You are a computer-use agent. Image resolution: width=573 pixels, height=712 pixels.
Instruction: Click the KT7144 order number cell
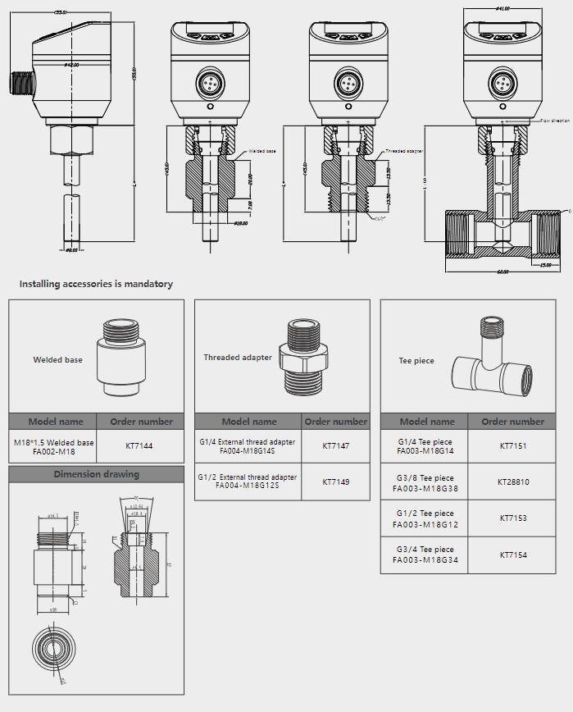pyautogui.click(x=139, y=446)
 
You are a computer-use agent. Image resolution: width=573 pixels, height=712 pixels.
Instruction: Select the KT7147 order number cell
pyautogui.click(x=335, y=446)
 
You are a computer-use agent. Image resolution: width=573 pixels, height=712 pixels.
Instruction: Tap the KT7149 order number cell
pyautogui.click(x=335, y=482)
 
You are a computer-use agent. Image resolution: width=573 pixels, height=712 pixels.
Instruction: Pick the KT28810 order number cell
pyautogui.click(x=513, y=482)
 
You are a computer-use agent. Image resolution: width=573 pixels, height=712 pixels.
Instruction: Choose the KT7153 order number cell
pyautogui.click(x=513, y=518)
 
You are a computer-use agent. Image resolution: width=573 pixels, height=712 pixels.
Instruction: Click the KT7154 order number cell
pyautogui.click(x=513, y=555)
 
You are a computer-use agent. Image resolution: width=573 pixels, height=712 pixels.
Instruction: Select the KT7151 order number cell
pyautogui.click(x=513, y=446)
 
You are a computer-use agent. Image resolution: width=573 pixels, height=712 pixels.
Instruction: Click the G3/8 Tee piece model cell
pyautogui.click(x=425, y=482)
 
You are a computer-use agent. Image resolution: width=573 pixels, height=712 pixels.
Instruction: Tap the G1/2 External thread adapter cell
pyautogui.click(x=248, y=482)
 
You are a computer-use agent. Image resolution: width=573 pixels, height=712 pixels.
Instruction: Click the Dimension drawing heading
pyautogui.click(x=97, y=474)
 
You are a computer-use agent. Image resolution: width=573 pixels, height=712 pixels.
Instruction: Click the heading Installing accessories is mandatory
pyautogui.click(x=96, y=284)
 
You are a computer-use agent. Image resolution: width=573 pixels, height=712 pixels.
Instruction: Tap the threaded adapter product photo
pyautogui.click(x=306, y=355)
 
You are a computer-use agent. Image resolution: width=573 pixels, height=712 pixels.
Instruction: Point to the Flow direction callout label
pyautogui.click(x=554, y=121)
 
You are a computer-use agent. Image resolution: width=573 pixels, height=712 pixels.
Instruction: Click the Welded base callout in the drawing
pyautogui.click(x=262, y=152)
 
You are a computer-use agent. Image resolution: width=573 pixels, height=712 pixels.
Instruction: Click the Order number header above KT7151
pyautogui.click(x=513, y=422)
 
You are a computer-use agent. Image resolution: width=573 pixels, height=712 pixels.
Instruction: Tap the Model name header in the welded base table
pyautogui.click(x=56, y=422)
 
